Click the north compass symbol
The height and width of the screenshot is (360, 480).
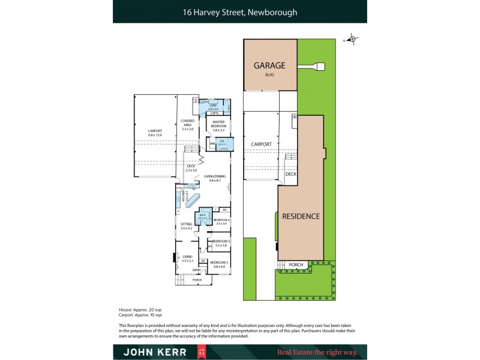pos(352,40)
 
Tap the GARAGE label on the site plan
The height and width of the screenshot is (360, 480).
pos(269,66)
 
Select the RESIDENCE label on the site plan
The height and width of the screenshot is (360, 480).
pos(301,216)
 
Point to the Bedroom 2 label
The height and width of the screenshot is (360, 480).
pos(219,263)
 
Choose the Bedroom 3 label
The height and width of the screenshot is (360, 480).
pos(220,243)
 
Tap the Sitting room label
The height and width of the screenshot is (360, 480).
pos(186,226)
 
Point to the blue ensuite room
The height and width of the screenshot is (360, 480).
pos(222,143)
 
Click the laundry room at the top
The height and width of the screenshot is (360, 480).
pos(213,107)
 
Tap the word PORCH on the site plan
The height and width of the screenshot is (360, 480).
pos(296,265)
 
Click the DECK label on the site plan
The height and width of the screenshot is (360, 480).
pos(291,175)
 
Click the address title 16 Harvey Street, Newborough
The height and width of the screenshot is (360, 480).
pos(240,11)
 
